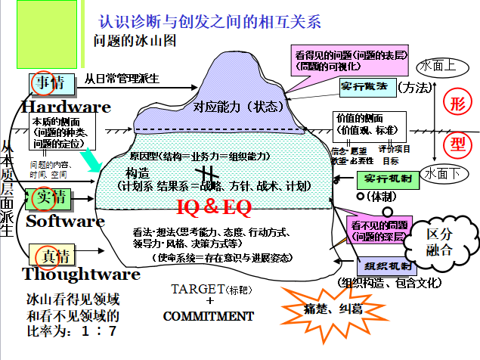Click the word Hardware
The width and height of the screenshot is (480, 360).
67,106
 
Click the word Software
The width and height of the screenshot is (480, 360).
65,221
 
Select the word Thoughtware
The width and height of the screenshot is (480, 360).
81,273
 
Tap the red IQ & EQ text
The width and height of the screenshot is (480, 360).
213,206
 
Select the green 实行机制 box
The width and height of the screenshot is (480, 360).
386,180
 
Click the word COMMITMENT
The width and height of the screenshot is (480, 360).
209,315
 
